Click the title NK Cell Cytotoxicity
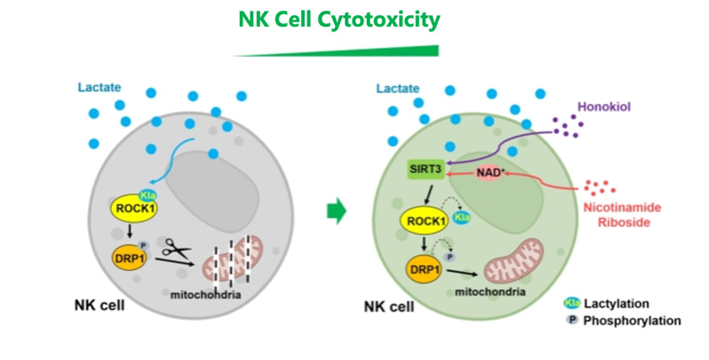(x=340, y=19)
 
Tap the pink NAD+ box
(x=487, y=171)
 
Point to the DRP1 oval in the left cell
(x=131, y=257)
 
